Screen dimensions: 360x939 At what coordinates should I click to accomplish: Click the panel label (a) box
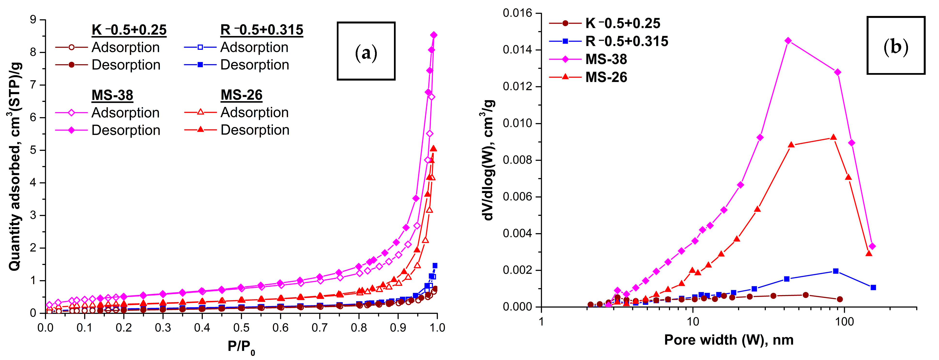(366, 51)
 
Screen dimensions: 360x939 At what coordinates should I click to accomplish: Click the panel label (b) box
(896, 45)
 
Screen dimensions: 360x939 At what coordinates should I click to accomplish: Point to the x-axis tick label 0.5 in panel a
(241, 328)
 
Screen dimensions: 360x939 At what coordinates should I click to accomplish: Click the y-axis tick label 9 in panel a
(33, 19)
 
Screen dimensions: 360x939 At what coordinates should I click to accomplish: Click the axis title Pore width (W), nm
(729, 340)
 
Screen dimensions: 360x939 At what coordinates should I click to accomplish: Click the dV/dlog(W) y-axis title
(488, 160)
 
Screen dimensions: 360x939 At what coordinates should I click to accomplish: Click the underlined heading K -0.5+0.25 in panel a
(129, 30)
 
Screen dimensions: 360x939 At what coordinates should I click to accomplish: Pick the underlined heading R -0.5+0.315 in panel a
(261, 30)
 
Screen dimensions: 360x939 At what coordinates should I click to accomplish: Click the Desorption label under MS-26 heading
(255, 130)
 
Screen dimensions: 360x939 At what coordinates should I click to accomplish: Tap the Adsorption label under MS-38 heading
(125, 112)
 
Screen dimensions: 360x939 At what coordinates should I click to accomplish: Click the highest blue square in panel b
(836, 271)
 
